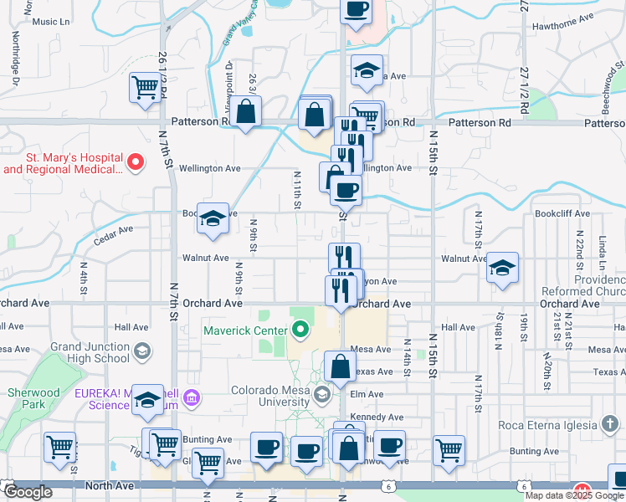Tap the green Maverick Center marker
(x=301, y=330)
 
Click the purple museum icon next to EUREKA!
(x=194, y=397)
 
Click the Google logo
(x=28, y=491)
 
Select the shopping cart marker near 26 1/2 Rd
(x=146, y=87)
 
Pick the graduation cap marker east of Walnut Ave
(x=501, y=269)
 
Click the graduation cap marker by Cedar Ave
(x=213, y=219)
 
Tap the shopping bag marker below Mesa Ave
(x=340, y=367)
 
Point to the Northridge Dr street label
(x=15, y=58)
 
